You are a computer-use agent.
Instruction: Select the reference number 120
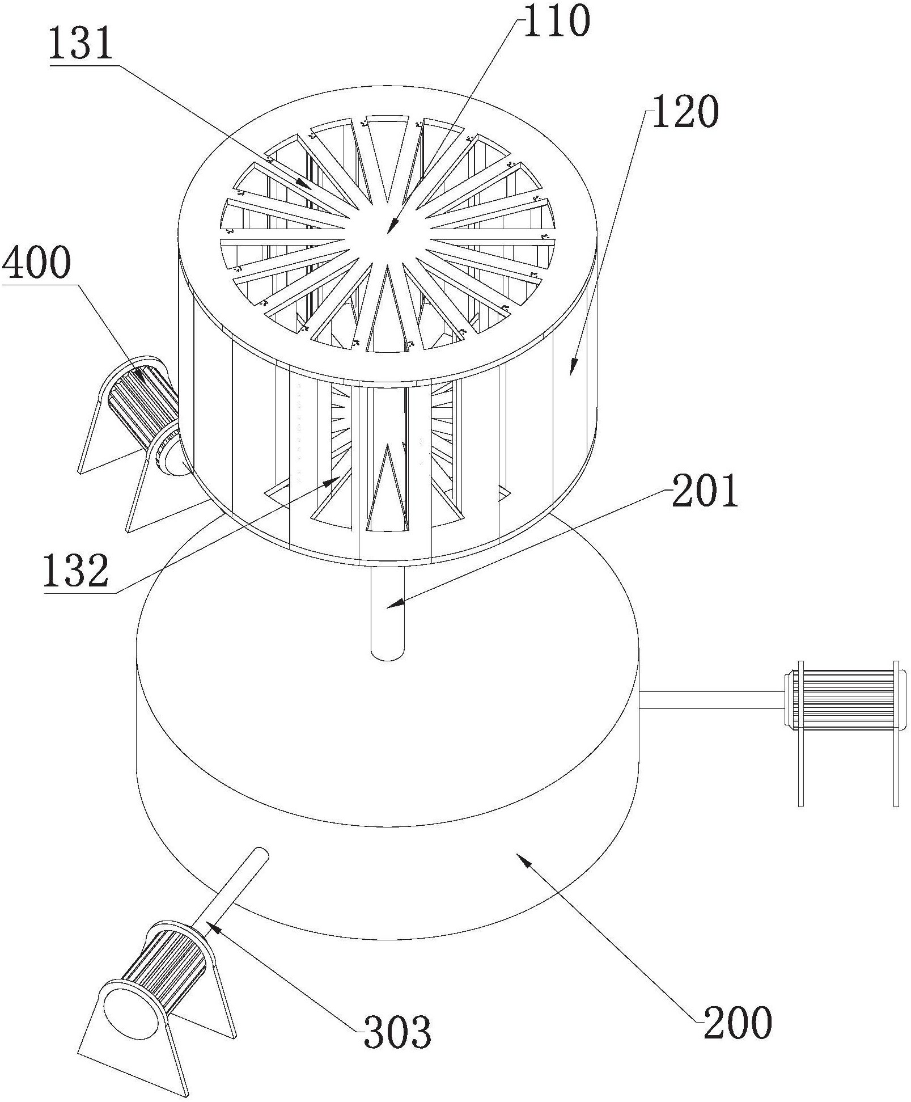(x=685, y=113)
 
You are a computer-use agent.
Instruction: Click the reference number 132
(x=75, y=570)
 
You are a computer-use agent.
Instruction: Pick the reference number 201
(x=705, y=492)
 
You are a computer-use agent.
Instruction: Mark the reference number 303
(x=397, y=1048)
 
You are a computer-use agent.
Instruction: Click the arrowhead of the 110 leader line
(x=389, y=231)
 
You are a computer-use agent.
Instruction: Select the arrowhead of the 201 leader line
(x=389, y=606)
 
